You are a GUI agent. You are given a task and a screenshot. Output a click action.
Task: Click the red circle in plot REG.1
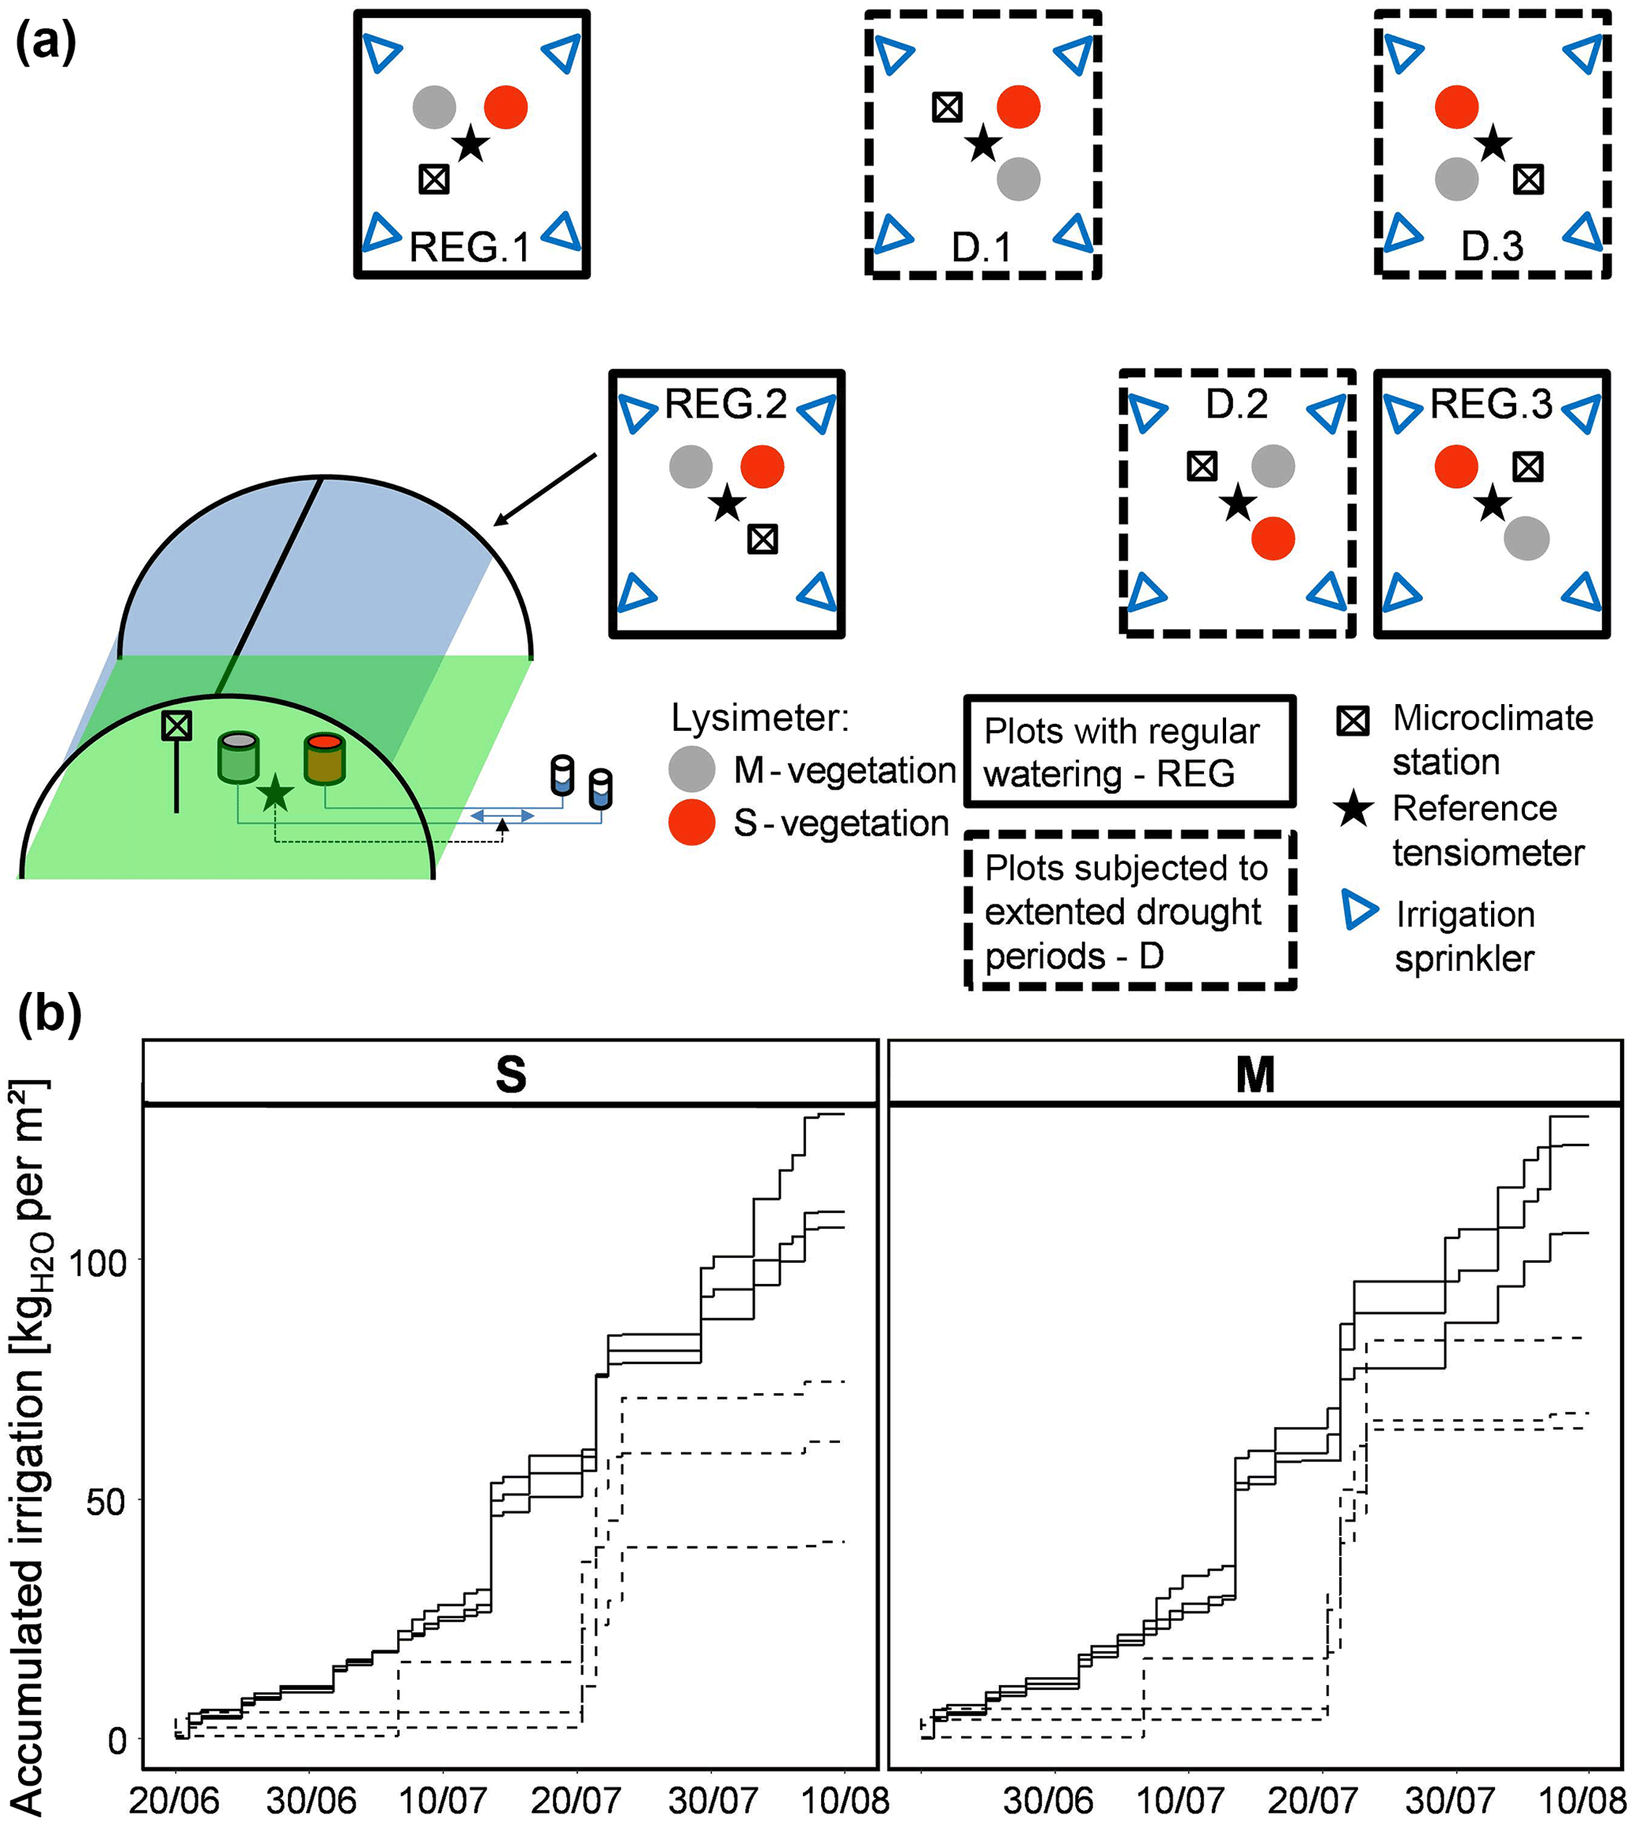[505, 108]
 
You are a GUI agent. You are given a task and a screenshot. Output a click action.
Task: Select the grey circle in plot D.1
[1018, 179]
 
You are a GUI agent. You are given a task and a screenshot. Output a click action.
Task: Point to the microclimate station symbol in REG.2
[763, 539]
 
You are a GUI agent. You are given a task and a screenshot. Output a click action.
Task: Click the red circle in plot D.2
[1273, 538]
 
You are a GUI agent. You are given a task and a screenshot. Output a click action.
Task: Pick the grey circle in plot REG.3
[1527, 538]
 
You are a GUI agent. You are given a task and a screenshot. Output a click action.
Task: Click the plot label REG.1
[470, 247]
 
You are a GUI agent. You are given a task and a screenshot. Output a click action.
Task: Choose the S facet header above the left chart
[510, 1074]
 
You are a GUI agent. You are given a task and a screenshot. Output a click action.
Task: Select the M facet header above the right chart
[1255, 1074]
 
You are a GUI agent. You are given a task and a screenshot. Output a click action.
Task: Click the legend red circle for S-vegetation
[691, 822]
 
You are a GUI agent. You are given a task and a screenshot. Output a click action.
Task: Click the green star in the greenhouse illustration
[275, 794]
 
